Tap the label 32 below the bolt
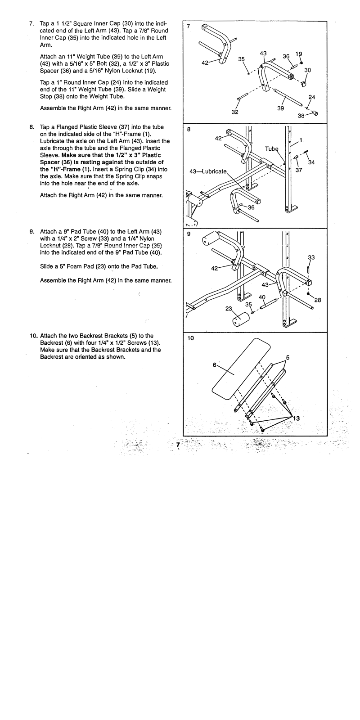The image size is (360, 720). tap(235, 112)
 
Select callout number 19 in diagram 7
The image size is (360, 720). tap(298, 54)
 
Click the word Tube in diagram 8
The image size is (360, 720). tap(271, 149)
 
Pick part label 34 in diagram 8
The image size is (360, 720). tap(311, 162)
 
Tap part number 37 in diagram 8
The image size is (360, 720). tap(299, 170)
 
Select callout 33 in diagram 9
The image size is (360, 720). tap(311, 257)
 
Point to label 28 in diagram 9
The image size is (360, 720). tap(317, 300)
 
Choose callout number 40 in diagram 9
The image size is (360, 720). tap(262, 297)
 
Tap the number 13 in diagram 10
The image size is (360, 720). tap(296, 418)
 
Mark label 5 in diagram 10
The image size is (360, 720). tap(288, 358)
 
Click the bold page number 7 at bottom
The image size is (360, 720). tap(178, 445)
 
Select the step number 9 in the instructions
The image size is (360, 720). tap(31, 232)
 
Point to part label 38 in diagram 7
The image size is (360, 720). tap(301, 115)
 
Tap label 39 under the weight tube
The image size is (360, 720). tap(280, 108)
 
